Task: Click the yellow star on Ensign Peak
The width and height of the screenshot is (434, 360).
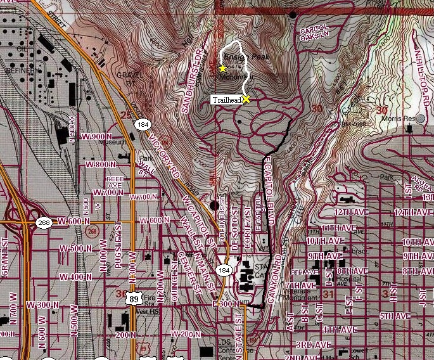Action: click(x=223, y=68)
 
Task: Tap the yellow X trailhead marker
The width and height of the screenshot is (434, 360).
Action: click(x=246, y=99)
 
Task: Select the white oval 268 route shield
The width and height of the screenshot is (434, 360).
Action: click(x=43, y=222)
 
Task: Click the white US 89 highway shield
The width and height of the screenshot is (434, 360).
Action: click(x=132, y=299)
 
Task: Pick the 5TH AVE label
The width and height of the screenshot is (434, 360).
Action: click(x=396, y=316)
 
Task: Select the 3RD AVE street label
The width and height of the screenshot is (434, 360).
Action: click(x=314, y=345)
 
